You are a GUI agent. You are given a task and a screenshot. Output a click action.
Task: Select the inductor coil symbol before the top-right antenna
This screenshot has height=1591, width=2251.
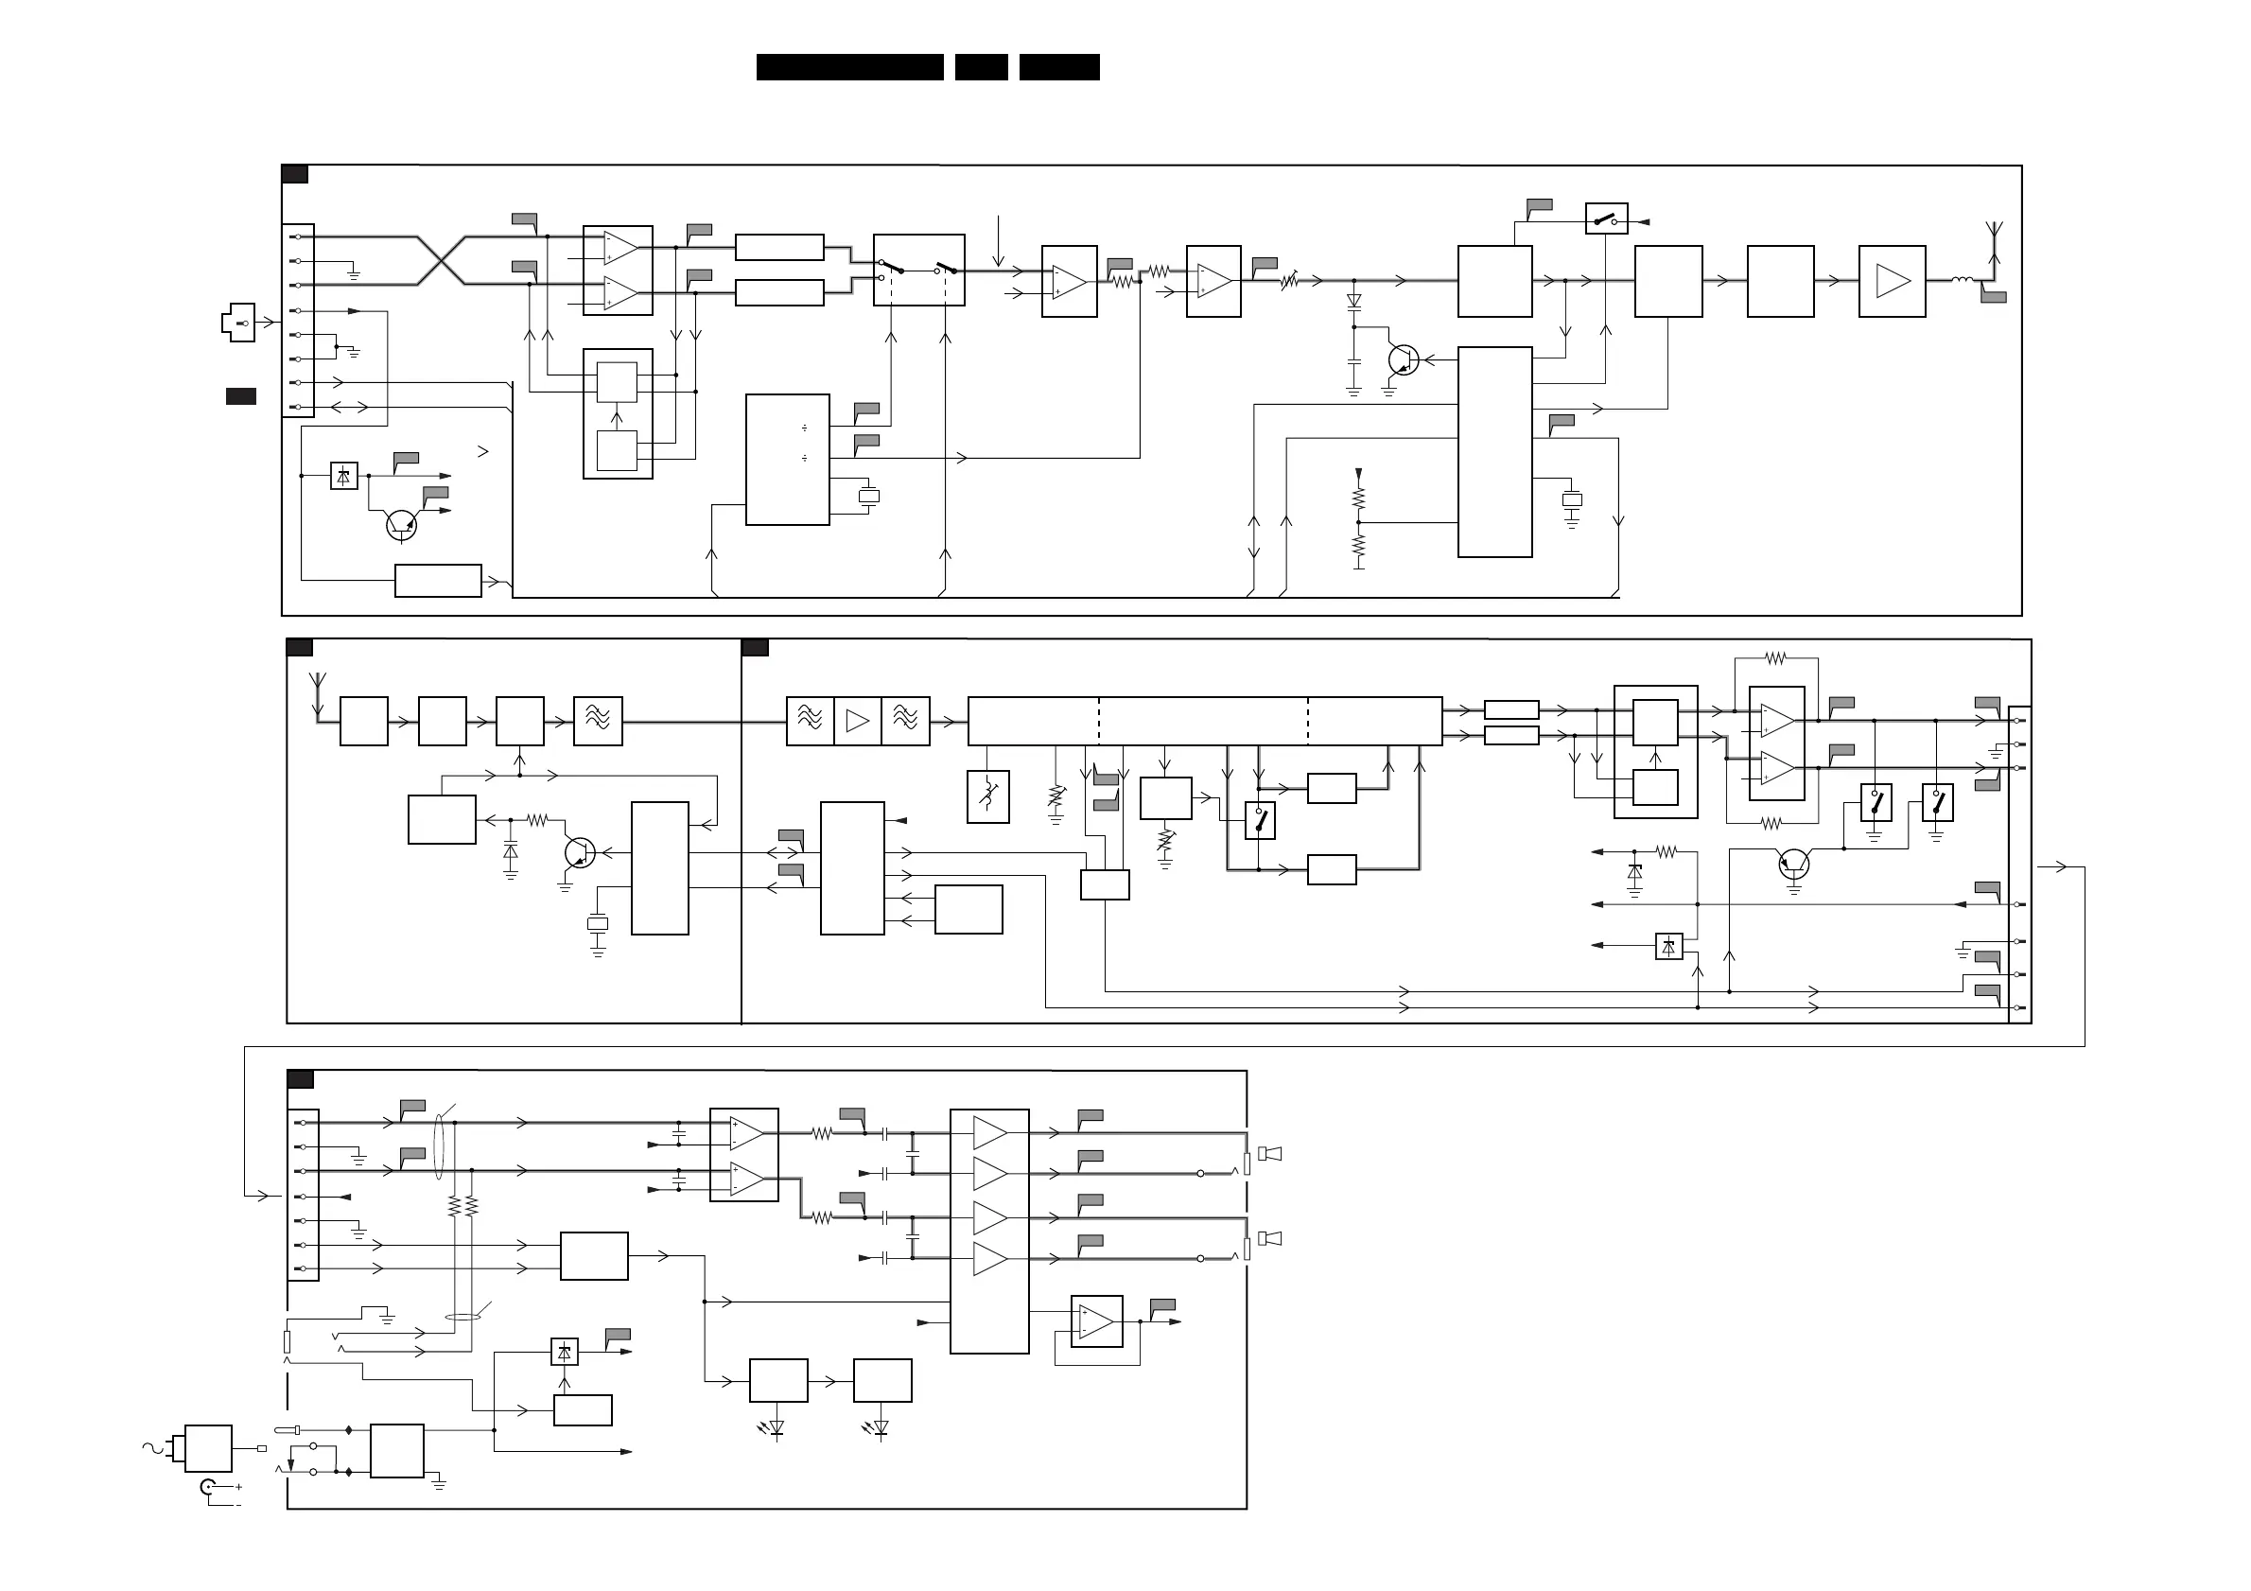click(x=1962, y=280)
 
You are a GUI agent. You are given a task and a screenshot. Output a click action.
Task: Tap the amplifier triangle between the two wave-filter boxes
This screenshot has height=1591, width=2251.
click(x=858, y=722)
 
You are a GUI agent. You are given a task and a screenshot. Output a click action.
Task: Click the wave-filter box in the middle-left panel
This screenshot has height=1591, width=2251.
click(x=598, y=722)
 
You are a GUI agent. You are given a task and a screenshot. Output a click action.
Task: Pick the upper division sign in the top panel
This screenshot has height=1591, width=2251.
click(x=804, y=428)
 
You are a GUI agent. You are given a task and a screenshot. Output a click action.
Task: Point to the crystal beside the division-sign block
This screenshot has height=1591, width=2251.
click(x=868, y=496)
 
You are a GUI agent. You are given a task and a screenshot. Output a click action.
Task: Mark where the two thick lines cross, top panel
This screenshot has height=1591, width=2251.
click(x=441, y=261)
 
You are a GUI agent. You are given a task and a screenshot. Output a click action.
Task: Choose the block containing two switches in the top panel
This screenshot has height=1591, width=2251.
click(x=918, y=270)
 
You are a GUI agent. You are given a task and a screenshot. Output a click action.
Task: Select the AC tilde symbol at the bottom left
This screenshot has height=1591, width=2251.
click(x=152, y=1447)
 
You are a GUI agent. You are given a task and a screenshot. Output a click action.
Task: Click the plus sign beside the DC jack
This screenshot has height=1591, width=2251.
click(x=238, y=1487)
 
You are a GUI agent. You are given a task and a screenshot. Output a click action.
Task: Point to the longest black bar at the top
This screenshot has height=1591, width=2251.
click(x=849, y=66)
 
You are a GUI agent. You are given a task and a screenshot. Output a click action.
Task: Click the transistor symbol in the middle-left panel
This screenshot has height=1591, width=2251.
click(x=580, y=853)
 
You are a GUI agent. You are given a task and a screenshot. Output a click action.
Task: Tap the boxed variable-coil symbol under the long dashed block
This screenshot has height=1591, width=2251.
click(x=987, y=797)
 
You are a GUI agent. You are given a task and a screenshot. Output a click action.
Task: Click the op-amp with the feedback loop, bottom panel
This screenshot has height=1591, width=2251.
click(x=1096, y=1321)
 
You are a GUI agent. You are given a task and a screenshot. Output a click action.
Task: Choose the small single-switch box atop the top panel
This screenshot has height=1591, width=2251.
click(x=1606, y=218)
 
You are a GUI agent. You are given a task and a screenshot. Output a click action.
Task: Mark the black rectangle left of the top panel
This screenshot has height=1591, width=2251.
click(x=241, y=396)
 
